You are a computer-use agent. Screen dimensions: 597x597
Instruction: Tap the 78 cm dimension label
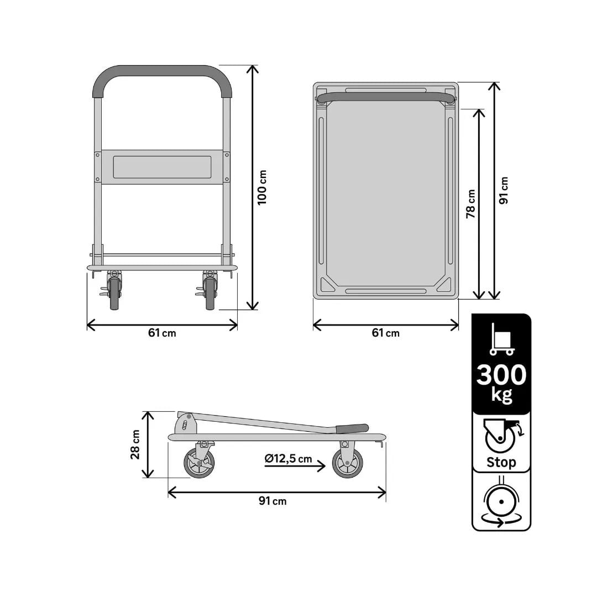pyautogui.click(x=470, y=204)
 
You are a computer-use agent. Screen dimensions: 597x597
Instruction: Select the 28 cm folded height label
pyautogui.click(x=135, y=444)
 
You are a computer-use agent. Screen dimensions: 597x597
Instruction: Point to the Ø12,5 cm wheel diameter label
pyautogui.click(x=288, y=459)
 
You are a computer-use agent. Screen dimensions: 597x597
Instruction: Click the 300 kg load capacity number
pyautogui.click(x=501, y=375)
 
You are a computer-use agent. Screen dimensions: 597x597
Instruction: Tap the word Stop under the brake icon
pyautogui.click(x=501, y=462)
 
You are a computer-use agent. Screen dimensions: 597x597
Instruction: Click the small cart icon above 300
pyautogui.click(x=501, y=339)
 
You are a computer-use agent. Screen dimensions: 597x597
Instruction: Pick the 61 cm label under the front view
pyautogui.click(x=162, y=333)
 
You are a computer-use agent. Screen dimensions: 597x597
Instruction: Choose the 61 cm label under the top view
pyautogui.click(x=385, y=333)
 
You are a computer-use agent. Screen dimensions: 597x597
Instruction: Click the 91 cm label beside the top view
pyautogui.click(x=504, y=190)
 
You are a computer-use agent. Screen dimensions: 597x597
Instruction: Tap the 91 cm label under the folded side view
pyautogui.click(x=273, y=501)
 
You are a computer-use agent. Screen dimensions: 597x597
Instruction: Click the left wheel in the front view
pyautogui.click(x=114, y=293)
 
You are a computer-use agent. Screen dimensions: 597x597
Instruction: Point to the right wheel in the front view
pyautogui.click(x=210, y=293)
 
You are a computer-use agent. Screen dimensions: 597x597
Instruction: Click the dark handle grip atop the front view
pyautogui.click(x=162, y=72)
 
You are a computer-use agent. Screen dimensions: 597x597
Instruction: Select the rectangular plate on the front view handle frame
pyautogui.click(x=162, y=167)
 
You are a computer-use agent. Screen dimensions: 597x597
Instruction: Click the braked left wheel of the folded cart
pyautogui.click(x=199, y=463)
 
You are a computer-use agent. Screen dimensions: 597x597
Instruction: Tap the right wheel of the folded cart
pyautogui.click(x=348, y=463)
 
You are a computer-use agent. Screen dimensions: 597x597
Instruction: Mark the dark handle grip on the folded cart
pyautogui.click(x=352, y=428)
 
